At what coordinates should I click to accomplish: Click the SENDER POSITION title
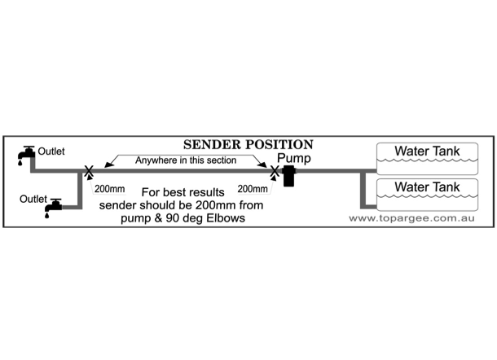click(x=248, y=144)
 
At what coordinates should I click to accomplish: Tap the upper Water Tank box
click(x=427, y=156)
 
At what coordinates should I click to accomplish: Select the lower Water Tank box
click(x=427, y=191)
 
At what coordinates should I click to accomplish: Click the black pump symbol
click(x=288, y=175)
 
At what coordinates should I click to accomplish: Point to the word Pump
click(x=292, y=158)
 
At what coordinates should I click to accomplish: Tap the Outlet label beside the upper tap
click(x=51, y=151)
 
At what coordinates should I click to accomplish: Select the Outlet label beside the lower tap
click(x=33, y=198)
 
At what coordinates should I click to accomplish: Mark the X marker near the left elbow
click(x=89, y=172)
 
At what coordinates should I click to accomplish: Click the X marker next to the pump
click(x=274, y=172)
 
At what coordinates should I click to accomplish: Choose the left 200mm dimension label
click(x=110, y=189)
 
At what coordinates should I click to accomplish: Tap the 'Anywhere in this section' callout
click(x=186, y=160)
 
